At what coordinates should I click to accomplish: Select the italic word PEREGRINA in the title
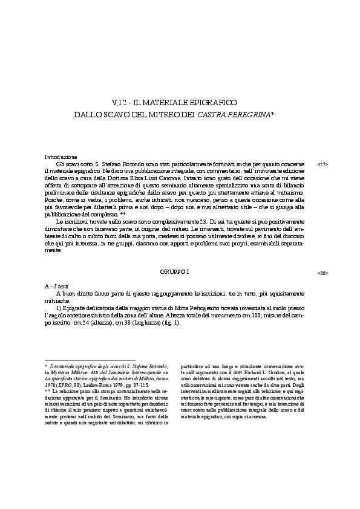(247, 114)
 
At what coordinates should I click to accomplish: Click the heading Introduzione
(61, 157)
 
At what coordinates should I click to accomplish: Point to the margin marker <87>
(322, 164)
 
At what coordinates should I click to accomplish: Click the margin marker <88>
(322, 273)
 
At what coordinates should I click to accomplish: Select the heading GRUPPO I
(175, 273)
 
